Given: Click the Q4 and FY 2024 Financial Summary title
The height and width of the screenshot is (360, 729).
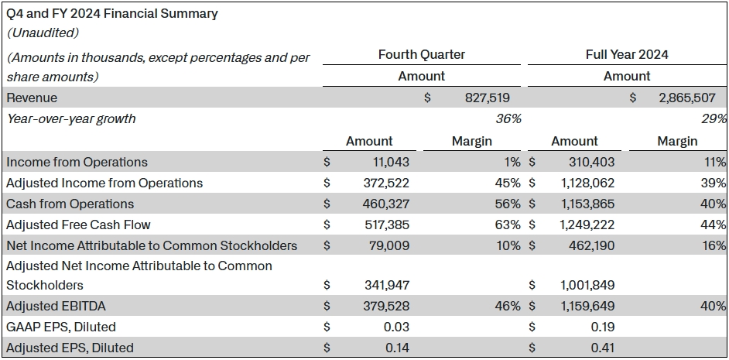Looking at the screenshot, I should (x=113, y=13).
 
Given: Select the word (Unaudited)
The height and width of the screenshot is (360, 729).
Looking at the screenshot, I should (x=44, y=33).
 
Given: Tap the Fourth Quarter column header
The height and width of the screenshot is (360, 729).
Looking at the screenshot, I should (x=422, y=54).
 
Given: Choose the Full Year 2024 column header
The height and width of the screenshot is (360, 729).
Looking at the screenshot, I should (x=627, y=54).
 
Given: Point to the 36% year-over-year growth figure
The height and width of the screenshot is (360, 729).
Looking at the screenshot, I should (x=508, y=119).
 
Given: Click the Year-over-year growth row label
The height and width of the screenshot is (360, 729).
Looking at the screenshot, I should (x=71, y=119).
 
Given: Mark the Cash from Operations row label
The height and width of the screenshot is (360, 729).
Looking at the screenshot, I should (x=70, y=204).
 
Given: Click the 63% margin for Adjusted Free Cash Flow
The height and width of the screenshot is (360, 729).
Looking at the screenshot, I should (x=508, y=225).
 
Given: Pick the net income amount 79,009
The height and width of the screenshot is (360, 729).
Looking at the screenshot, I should (x=388, y=246).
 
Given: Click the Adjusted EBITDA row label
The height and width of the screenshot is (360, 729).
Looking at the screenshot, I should (x=52, y=306).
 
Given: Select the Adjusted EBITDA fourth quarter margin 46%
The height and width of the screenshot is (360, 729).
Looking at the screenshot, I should (x=508, y=306).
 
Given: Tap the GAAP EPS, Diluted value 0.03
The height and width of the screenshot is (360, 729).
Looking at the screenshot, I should (x=396, y=327).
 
